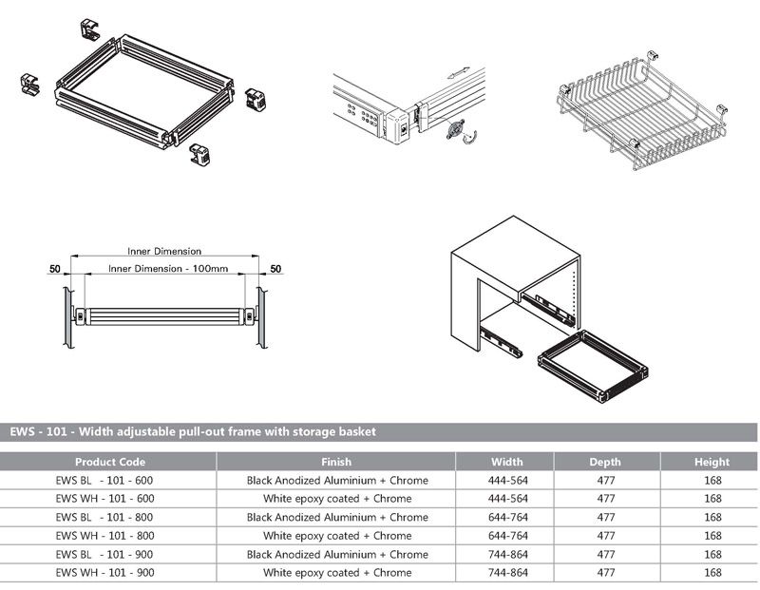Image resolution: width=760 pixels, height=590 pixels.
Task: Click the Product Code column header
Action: pyautogui.click(x=109, y=462)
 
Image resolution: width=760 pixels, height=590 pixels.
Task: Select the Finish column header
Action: pyautogui.click(x=336, y=462)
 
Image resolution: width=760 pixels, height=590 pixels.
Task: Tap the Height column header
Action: pyautogui.click(x=712, y=462)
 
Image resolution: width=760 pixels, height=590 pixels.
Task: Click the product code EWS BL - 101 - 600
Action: pyautogui.click(x=104, y=481)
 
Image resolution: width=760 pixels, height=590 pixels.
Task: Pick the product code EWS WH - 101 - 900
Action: pyautogui.click(x=104, y=573)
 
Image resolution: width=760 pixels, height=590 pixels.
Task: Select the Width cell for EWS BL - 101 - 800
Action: pyautogui.click(x=507, y=518)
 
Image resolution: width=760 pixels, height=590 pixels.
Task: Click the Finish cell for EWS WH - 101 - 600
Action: pyautogui.click(x=336, y=499)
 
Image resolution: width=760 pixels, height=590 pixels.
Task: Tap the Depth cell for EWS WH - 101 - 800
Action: pyautogui.click(x=605, y=536)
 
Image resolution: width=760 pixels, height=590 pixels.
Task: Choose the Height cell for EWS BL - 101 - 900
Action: pyautogui.click(x=712, y=555)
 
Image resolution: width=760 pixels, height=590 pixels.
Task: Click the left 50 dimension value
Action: pyautogui.click(x=56, y=270)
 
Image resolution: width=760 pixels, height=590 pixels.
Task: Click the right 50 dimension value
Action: pyautogui.click(x=275, y=270)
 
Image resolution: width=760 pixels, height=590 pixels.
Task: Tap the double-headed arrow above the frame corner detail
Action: pyautogui.click(x=458, y=71)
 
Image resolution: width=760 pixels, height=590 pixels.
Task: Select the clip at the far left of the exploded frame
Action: pyautogui.click(x=28, y=85)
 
